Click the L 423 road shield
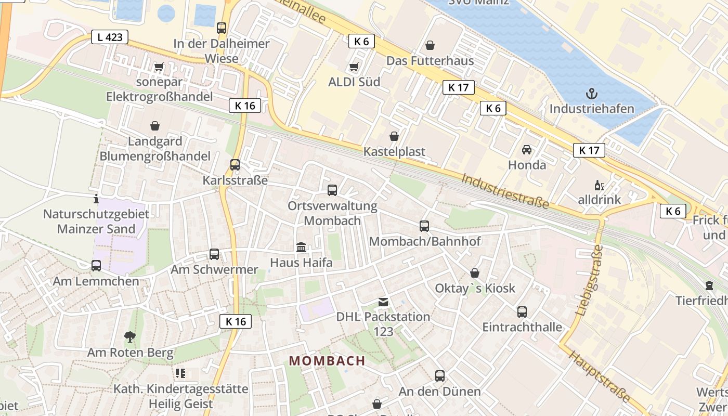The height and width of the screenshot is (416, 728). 110,37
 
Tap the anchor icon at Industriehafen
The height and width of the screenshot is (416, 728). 591,94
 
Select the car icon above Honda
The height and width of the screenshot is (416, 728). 527,150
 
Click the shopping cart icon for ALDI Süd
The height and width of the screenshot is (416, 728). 354,67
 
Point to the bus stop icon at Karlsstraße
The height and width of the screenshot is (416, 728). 235,165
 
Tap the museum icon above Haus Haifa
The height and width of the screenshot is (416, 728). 301,247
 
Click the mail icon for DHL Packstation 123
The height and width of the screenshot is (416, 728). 383,302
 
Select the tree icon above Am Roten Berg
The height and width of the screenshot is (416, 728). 129,337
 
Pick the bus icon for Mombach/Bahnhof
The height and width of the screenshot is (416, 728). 424,226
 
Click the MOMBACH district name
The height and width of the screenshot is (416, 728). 327,361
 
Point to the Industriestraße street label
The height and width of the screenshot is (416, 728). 505,191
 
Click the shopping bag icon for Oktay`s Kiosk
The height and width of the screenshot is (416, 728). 475,273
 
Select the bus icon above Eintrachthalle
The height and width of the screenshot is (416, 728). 522,312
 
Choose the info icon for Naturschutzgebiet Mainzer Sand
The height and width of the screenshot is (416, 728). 96,199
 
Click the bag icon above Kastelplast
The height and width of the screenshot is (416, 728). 394,137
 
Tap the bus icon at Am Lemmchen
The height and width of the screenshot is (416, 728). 96,266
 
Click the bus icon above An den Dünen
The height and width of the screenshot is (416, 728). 440,376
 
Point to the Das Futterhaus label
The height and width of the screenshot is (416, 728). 430,61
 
